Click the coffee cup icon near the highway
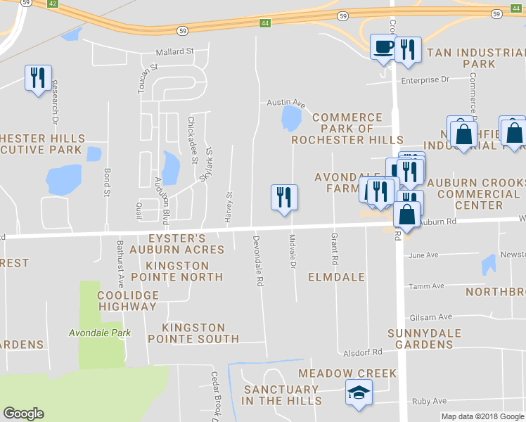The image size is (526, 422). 384,48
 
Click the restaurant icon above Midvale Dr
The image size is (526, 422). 284,197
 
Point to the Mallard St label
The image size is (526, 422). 174,51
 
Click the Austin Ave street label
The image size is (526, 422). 286,103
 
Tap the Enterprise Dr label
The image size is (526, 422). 425,80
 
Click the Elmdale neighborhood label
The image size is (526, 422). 336,277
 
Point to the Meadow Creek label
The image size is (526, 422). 347,373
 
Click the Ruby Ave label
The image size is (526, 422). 430,401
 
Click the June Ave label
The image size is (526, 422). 423,255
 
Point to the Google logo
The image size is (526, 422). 23,414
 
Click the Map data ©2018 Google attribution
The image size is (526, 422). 482,416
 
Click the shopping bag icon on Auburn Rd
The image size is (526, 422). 408,214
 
